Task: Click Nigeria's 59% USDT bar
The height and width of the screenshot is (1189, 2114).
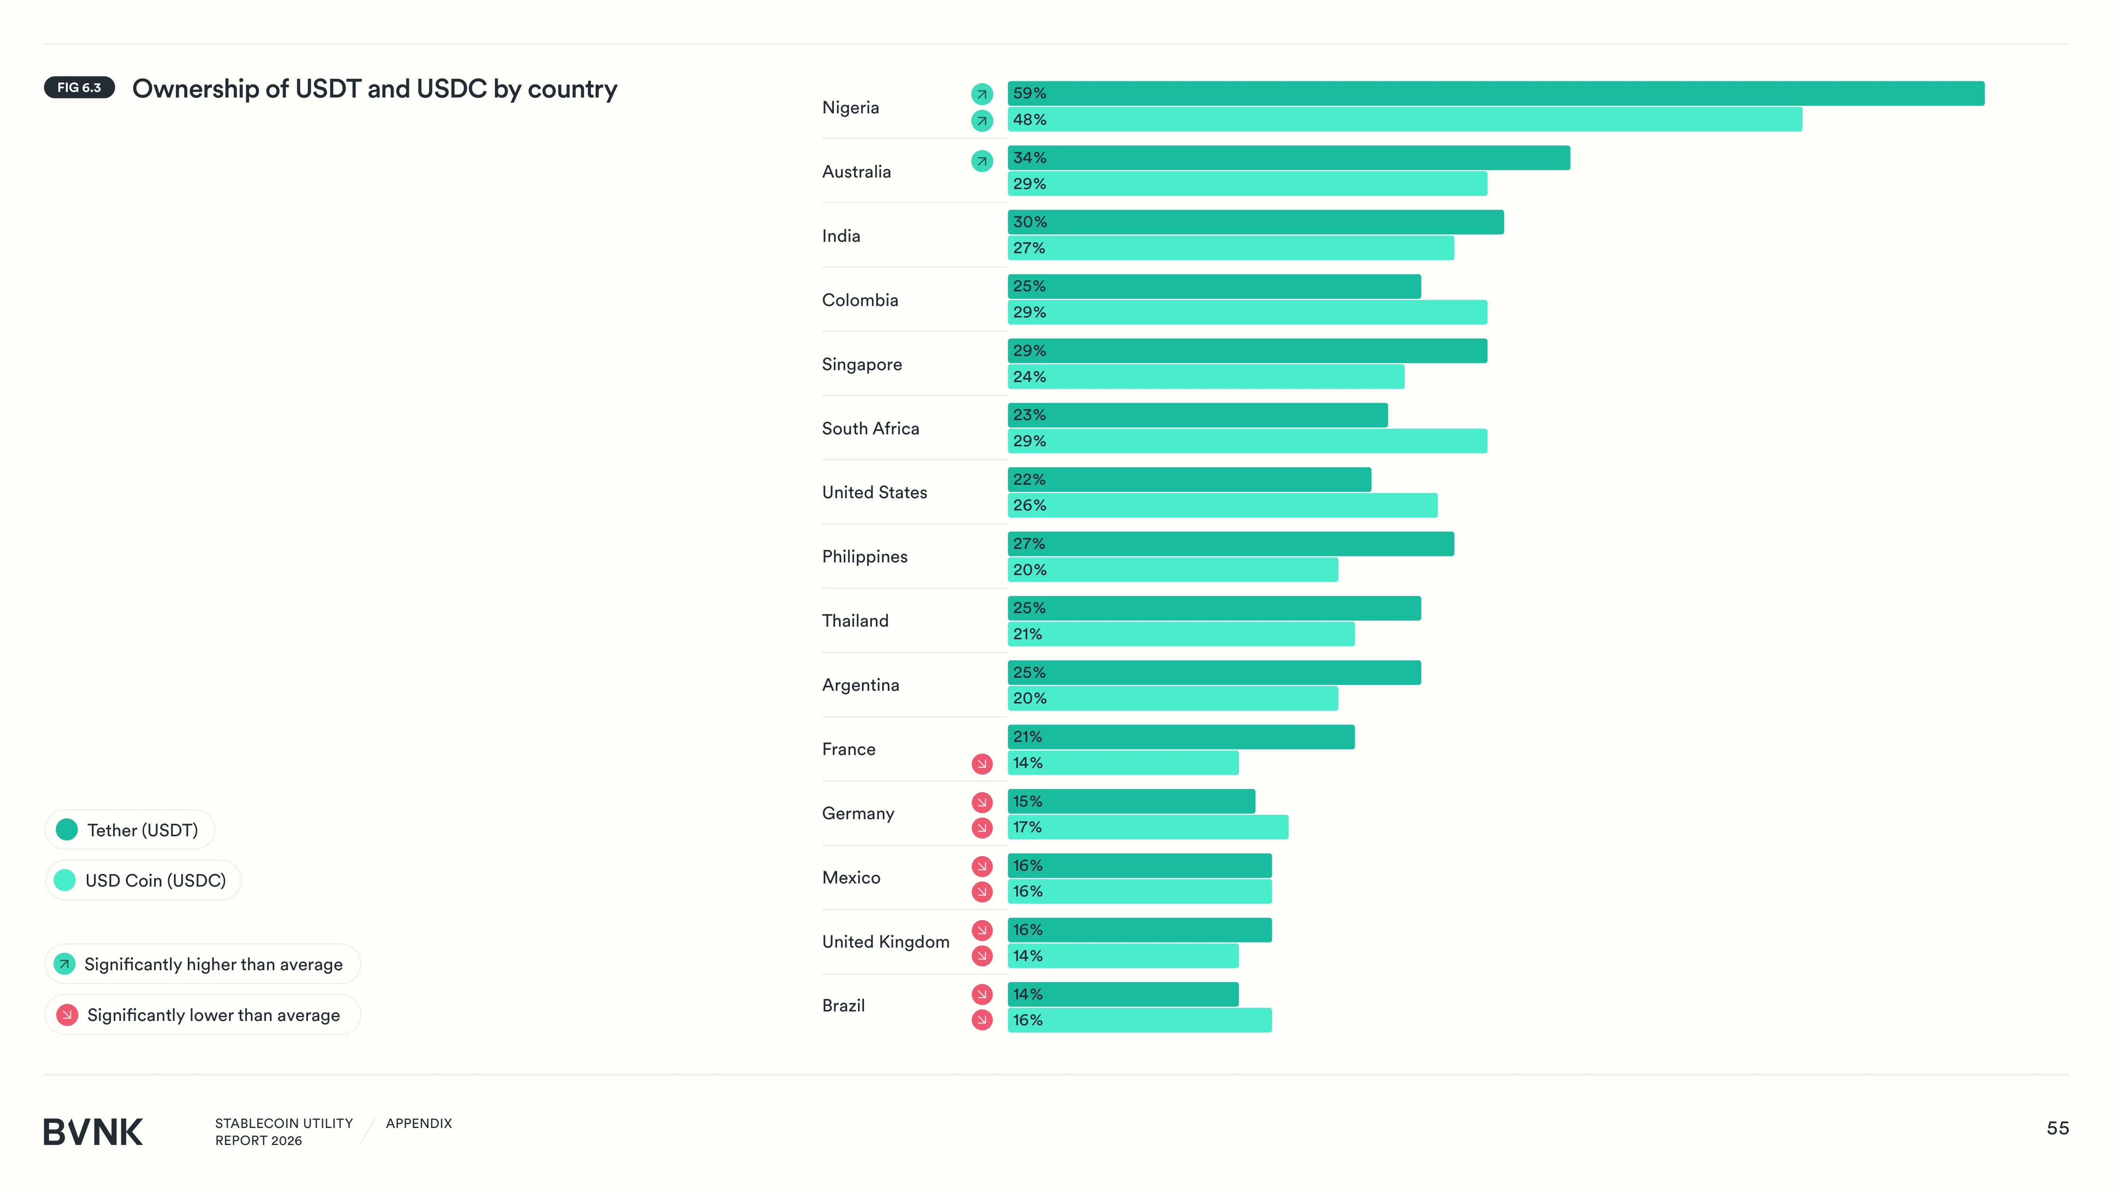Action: tap(1495, 94)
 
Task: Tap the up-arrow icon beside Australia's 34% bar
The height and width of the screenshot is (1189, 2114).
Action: tap(981, 161)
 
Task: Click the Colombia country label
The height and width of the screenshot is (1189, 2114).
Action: tap(860, 300)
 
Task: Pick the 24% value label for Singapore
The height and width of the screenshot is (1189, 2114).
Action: tap(1029, 377)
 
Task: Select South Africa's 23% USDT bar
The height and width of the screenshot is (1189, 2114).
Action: tap(1197, 415)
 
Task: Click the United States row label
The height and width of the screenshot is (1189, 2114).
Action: tap(875, 492)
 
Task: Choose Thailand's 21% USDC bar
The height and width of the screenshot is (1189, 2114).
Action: tap(1181, 634)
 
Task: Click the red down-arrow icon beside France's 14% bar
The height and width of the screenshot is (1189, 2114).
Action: tap(981, 764)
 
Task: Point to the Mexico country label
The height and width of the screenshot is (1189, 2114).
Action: tap(851, 878)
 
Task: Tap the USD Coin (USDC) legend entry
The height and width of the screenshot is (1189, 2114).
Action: tap(143, 881)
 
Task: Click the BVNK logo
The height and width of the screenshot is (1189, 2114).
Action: tap(93, 1132)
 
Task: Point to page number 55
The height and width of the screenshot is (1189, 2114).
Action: tap(2057, 1128)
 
